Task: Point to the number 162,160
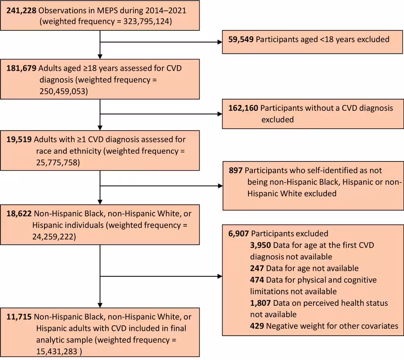[x=242, y=108]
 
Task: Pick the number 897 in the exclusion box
[x=236, y=171]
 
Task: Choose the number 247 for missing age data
[x=257, y=268]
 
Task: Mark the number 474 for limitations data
[x=257, y=280]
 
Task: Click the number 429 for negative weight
[x=257, y=326]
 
